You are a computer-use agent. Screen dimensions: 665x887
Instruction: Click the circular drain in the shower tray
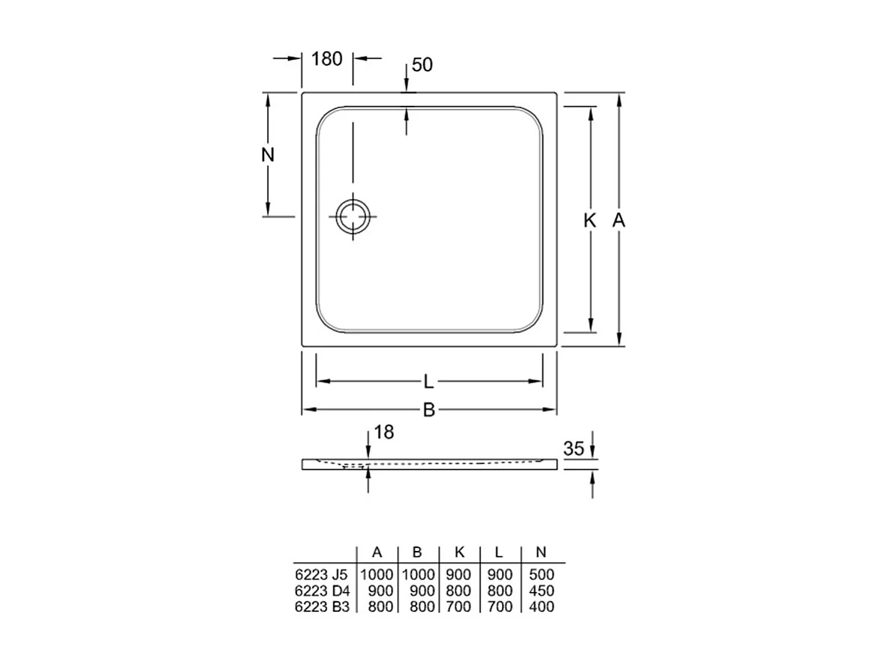351,216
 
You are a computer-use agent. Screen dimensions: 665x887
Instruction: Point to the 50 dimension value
422,65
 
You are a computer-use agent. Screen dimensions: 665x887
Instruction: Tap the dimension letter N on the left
268,155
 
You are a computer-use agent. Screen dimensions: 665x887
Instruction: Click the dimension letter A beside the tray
618,221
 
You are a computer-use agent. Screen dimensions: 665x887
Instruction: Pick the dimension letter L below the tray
428,382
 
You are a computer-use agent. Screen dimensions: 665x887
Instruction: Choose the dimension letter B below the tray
428,410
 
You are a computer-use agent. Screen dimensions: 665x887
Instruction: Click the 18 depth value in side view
383,432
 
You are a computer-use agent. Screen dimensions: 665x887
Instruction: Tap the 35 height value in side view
573,449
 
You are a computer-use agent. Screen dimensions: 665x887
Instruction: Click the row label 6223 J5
321,575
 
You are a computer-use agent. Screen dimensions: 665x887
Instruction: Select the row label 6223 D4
321,591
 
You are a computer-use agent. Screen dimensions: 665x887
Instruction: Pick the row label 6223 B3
321,606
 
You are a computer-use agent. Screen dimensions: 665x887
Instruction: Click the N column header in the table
540,552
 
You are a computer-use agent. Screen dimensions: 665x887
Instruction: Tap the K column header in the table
459,552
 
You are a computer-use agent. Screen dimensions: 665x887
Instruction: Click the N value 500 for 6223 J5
541,575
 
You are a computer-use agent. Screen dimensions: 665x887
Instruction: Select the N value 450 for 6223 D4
541,591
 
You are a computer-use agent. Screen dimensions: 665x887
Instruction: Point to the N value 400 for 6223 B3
541,606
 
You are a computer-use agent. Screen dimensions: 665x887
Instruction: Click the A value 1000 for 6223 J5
377,575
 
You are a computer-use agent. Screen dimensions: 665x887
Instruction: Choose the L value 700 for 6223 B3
499,606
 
